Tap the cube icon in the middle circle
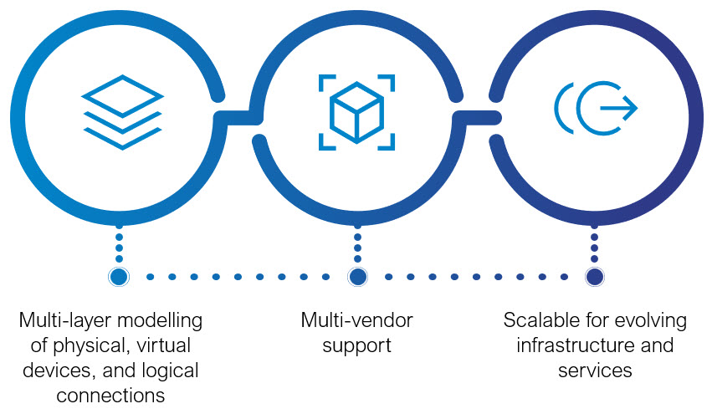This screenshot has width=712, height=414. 356,110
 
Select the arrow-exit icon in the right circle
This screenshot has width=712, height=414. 596,109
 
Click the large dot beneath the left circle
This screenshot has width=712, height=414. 119,276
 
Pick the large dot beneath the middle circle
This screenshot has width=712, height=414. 358,276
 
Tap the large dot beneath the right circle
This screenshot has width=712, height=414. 595,276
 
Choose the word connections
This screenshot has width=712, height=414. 110,394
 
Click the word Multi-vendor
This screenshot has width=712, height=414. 357,320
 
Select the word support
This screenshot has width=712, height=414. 357,345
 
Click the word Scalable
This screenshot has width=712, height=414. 540,320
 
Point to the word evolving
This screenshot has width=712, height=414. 648,320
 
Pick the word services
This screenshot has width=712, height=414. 595,370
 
